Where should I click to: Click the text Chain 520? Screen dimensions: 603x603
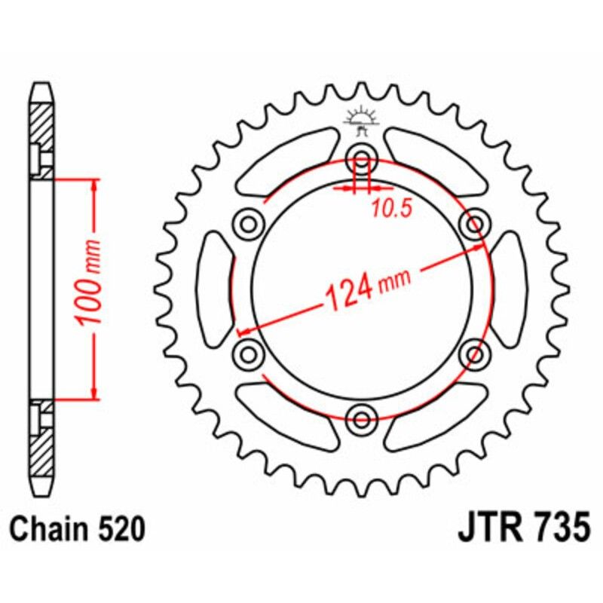click(x=78, y=529)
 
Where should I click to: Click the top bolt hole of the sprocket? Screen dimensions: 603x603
click(x=363, y=159)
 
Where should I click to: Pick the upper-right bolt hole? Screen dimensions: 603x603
click(x=476, y=223)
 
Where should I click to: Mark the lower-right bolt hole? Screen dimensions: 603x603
click(x=476, y=353)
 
